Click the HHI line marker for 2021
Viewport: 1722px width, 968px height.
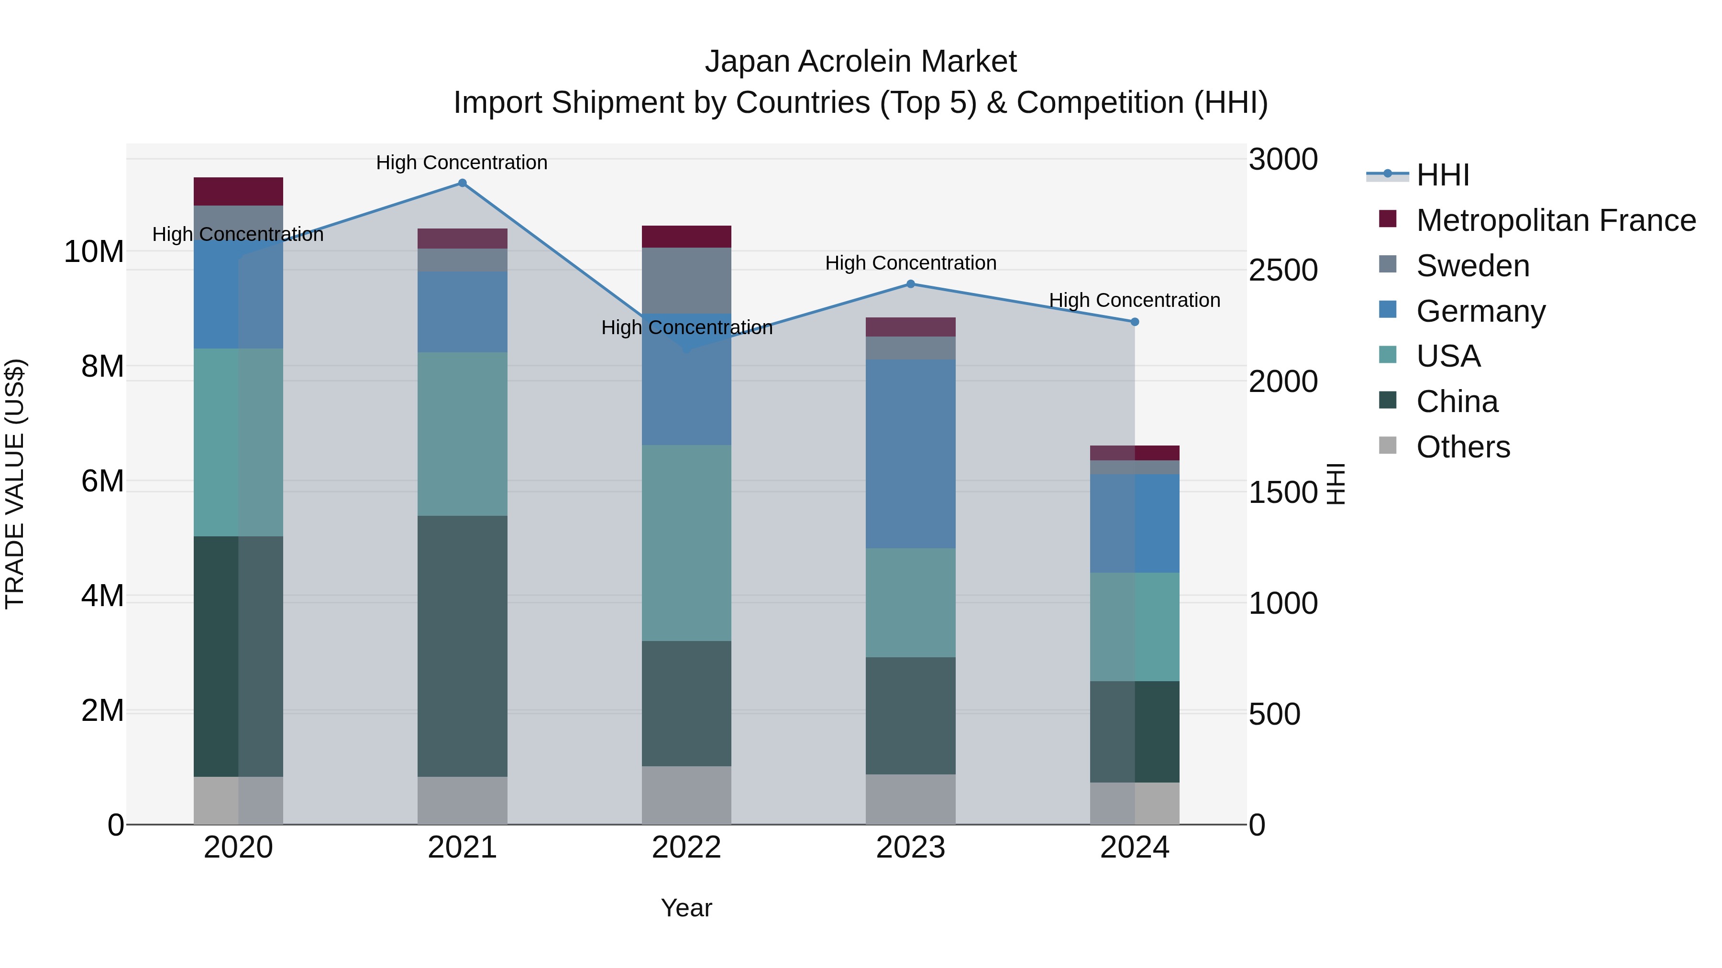tap(462, 183)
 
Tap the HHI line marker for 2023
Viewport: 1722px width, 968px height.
tap(910, 284)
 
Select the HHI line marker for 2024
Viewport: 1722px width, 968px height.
tap(1135, 322)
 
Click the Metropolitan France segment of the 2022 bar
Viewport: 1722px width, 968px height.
tap(686, 237)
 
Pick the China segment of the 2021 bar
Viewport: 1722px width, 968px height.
tap(462, 645)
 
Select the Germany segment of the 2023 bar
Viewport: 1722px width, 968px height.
tap(910, 454)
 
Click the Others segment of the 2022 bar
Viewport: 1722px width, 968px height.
tap(686, 795)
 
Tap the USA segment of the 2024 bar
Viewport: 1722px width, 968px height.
tap(1135, 627)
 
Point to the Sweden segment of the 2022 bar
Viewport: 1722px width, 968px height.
tap(686, 281)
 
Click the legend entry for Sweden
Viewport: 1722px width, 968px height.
tap(1473, 266)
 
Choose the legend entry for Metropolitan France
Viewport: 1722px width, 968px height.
tap(1556, 220)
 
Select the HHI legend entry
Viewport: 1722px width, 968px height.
tap(1443, 175)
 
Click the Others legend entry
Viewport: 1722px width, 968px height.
tap(1463, 447)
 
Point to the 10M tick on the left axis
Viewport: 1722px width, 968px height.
tap(94, 252)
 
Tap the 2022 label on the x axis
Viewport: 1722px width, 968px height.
tap(686, 848)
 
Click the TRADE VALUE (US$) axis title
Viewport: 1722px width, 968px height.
tap(15, 484)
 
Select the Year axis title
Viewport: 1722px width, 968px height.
tap(686, 908)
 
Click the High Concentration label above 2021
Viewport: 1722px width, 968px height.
tap(462, 163)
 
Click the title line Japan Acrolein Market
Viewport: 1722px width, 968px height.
tap(861, 62)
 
